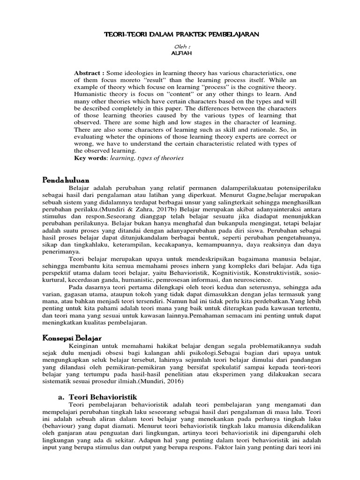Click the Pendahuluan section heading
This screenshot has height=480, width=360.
click(66, 180)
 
